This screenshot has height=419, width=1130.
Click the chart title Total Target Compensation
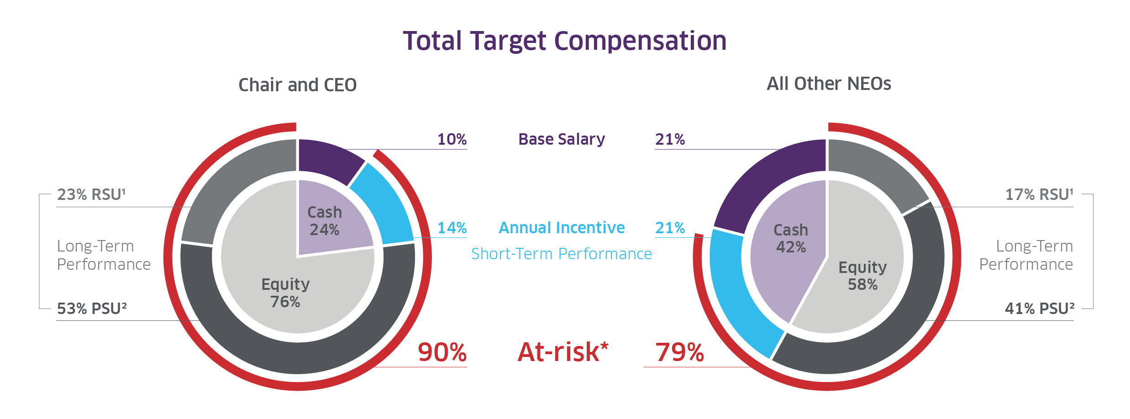[x=564, y=41]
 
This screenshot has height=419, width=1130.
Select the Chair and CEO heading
[x=297, y=85]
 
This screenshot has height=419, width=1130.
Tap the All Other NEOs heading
[x=829, y=84]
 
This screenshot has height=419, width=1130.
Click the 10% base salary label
[x=452, y=139]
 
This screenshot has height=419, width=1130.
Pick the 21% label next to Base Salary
[x=670, y=139]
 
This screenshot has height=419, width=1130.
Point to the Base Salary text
[x=562, y=139]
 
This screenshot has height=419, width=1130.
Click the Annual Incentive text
[x=562, y=227]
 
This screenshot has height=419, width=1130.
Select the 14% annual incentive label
[x=452, y=228]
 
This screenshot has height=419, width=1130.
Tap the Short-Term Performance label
[x=562, y=254]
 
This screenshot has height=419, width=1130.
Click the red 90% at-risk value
[x=442, y=352]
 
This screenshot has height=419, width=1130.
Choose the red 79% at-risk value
[x=679, y=352]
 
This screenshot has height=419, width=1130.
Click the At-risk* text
[x=562, y=352]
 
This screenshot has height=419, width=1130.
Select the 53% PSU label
[x=92, y=309]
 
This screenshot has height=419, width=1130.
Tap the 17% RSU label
[x=1039, y=194]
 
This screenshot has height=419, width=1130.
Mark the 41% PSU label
[x=1039, y=309]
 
